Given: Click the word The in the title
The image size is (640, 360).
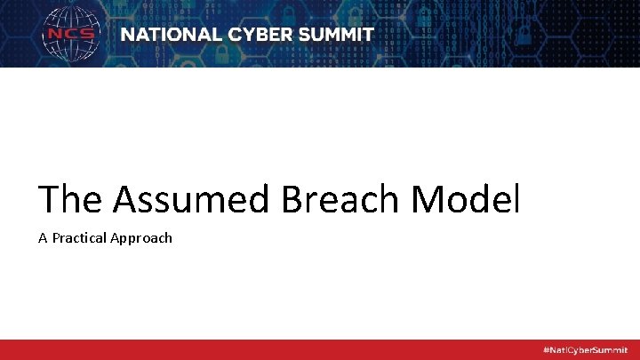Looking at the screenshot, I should tap(69, 199).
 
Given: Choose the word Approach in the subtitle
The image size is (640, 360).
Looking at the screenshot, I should tap(141, 238).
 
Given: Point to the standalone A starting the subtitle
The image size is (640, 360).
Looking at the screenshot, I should tap(42, 237).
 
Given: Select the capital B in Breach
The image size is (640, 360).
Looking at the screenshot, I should tap(293, 199).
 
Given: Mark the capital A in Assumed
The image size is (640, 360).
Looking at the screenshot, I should tap(126, 199).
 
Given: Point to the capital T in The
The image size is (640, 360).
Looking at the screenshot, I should tap(49, 199).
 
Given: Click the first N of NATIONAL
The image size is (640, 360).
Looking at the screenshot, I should tap(128, 36).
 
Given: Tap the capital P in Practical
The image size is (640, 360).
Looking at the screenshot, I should tap(56, 237).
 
